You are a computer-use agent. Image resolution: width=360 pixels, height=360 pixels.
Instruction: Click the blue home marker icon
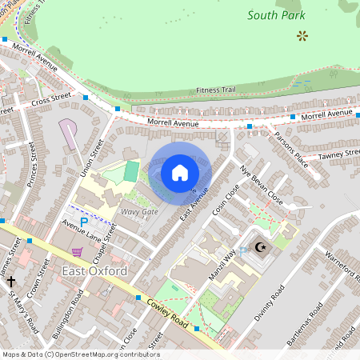point(180,173)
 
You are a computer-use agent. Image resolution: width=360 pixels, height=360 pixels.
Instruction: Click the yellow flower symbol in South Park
point(302,35)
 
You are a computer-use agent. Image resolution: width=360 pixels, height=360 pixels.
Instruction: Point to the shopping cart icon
point(77,251)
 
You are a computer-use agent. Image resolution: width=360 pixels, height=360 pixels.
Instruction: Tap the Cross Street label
point(51,102)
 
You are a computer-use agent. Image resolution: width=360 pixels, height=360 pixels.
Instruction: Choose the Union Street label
point(92,158)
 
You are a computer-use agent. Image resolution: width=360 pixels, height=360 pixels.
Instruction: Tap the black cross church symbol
point(10,282)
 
